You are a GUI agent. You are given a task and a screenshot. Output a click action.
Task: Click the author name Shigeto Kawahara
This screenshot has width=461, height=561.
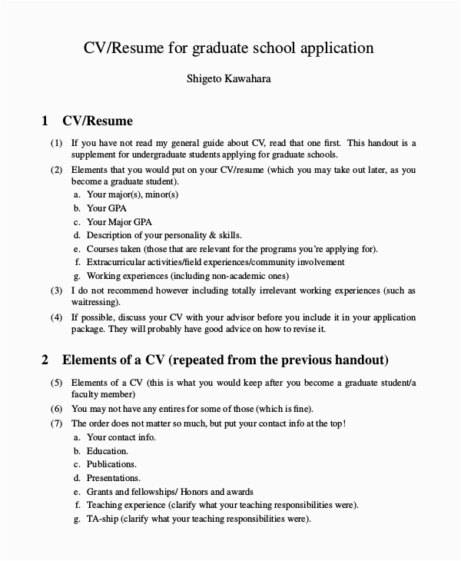pos(230,78)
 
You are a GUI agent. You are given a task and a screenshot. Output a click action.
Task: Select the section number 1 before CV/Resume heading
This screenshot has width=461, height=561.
pos(45,121)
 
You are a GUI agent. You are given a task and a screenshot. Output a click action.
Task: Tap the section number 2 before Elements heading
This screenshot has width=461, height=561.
pos(45,360)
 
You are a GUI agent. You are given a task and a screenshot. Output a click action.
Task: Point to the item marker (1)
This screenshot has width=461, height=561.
pos(56,143)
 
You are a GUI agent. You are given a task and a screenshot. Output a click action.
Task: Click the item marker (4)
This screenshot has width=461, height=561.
pos(56,317)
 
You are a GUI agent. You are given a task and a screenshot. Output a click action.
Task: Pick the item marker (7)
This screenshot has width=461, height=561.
pos(56,423)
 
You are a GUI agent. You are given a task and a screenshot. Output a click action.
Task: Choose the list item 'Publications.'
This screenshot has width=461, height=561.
pos(111,464)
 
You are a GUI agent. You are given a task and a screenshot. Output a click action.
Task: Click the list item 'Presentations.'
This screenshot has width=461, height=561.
pos(114,478)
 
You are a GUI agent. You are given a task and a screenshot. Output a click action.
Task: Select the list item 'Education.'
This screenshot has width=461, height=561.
pos(108,450)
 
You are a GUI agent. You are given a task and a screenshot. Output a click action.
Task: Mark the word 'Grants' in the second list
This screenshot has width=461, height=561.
pos(100,492)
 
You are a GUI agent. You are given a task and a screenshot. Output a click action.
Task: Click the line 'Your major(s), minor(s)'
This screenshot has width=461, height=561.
pos(132,194)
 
